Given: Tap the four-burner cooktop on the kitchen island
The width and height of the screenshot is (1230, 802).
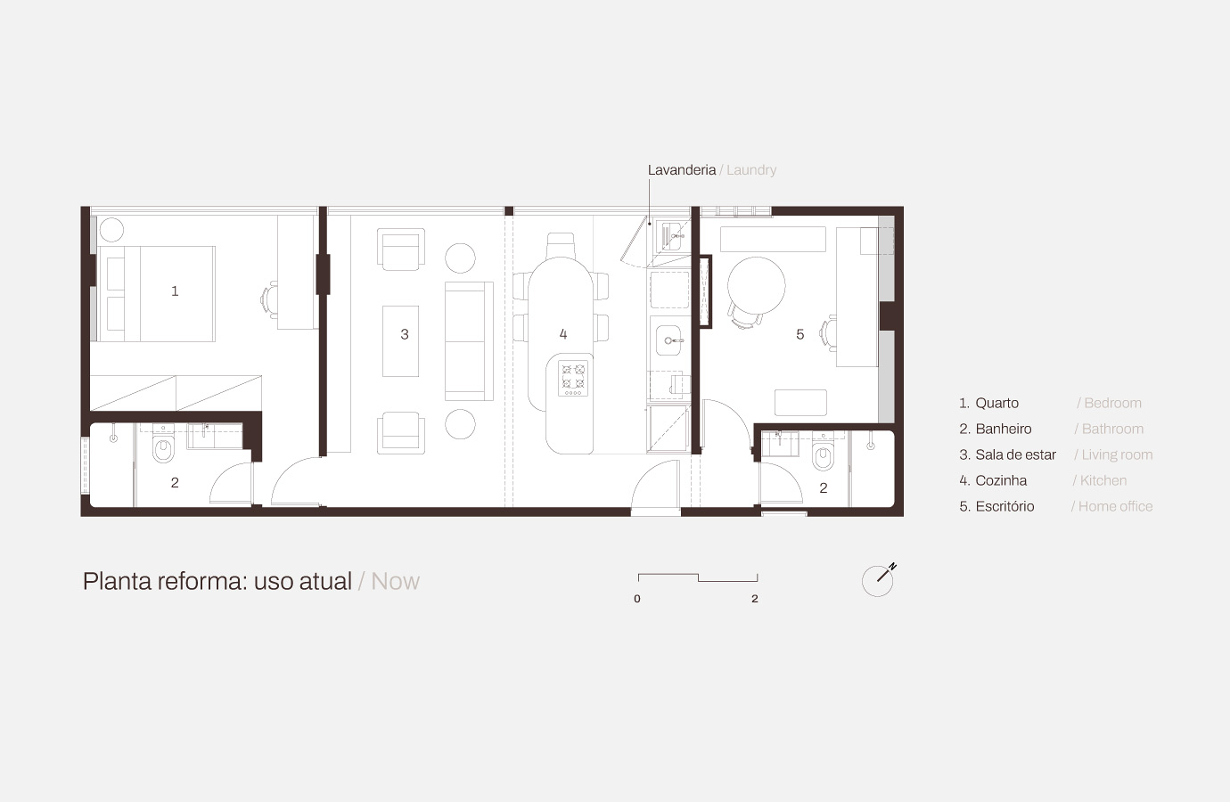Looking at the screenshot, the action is [x=573, y=378].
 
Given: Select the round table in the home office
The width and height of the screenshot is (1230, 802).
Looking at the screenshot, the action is [x=756, y=285].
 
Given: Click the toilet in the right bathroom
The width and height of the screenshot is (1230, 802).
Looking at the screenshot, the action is [x=823, y=454].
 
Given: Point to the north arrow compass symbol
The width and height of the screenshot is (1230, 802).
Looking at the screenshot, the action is [x=879, y=580].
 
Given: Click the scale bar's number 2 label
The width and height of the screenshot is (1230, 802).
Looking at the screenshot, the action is [x=755, y=599].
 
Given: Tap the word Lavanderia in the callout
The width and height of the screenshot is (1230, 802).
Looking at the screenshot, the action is [x=682, y=170].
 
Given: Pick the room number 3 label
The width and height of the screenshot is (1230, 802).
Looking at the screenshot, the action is [x=405, y=334].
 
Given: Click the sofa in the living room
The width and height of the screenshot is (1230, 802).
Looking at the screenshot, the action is [x=469, y=341].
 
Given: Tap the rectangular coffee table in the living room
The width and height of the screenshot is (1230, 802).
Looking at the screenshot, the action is [x=400, y=341].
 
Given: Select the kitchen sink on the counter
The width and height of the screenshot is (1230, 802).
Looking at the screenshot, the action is [x=668, y=340].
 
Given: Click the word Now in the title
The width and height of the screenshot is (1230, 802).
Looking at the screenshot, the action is [x=396, y=581].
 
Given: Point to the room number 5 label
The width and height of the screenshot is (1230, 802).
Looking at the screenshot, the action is [x=800, y=334].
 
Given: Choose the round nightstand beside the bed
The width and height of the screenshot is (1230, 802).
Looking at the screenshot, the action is [x=111, y=229].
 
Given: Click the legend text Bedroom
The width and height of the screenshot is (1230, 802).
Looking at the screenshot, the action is [x=1112, y=403].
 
